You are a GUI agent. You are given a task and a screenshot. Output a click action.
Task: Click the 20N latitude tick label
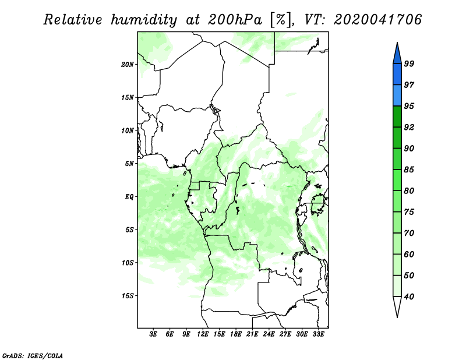128,64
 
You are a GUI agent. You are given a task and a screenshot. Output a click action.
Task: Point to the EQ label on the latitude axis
129,196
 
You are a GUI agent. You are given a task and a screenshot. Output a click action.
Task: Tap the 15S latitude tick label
128,296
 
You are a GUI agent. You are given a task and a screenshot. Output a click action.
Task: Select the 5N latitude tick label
129,164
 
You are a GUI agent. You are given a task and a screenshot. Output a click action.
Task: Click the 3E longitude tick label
153,334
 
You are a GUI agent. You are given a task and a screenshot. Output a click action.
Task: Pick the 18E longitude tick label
236,334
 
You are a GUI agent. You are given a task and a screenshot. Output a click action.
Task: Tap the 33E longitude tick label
318,334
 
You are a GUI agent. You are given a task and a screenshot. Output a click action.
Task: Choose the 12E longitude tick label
203,334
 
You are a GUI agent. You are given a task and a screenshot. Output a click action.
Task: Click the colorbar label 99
409,63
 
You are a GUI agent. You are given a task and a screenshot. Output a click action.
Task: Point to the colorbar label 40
409,297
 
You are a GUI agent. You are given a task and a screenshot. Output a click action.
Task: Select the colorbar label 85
409,170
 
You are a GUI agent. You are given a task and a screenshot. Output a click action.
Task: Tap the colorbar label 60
409,254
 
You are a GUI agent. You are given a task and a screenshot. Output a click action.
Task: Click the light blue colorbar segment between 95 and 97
397,96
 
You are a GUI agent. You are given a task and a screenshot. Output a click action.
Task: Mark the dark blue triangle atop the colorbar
397,53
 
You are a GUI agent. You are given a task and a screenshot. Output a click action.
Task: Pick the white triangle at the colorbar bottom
397,307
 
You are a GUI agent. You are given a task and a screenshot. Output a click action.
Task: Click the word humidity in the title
144,20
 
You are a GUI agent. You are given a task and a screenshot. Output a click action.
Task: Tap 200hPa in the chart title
235,20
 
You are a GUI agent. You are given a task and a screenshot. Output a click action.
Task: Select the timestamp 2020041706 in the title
377,20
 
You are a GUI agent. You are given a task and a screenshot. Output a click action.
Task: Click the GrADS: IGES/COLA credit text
33,355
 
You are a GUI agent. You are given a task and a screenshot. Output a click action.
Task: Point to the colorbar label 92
409,127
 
